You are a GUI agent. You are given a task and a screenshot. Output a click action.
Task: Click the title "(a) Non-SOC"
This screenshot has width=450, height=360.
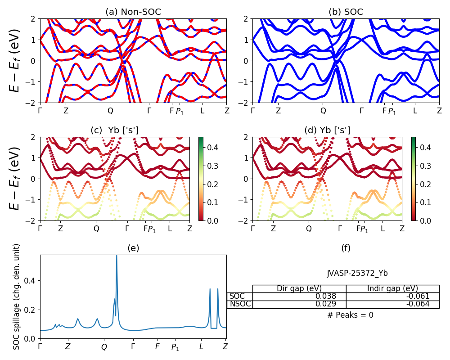(133, 12)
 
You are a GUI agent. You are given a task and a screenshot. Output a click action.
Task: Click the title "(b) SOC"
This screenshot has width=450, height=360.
(346, 12)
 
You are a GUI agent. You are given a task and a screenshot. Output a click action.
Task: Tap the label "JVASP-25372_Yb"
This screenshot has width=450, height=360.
(357, 273)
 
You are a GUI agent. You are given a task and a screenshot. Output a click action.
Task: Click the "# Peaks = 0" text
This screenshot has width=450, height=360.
(350, 315)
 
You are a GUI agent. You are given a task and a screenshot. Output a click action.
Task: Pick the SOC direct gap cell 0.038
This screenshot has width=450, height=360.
(299, 297)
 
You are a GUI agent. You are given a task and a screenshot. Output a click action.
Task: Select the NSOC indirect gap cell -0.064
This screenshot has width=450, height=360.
(392, 304)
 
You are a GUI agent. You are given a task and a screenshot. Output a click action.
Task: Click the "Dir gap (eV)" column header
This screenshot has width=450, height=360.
(299, 288)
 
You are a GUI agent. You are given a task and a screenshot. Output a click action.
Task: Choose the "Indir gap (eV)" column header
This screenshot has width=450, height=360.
(392, 288)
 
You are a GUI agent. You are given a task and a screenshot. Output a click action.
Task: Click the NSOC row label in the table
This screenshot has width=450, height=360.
(239, 304)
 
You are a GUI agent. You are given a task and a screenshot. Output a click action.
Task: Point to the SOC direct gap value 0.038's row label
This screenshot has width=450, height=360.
(239, 297)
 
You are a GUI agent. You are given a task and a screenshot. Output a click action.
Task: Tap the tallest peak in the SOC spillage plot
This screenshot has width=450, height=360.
(117, 256)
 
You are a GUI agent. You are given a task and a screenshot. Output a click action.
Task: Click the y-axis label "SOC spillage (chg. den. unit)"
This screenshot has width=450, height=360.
(17, 297)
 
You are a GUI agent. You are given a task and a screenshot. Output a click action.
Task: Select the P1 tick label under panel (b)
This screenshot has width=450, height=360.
(392, 111)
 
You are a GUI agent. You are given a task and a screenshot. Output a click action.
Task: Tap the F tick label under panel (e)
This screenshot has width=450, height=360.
(157, 346)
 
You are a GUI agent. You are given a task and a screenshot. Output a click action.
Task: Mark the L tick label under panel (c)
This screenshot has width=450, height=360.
(170, 229)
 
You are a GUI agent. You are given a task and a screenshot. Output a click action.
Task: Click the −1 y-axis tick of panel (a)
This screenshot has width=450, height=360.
(32, 82)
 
